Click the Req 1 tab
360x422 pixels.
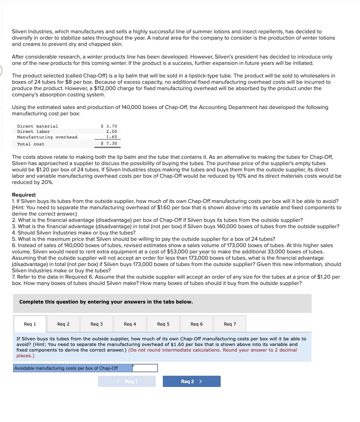pos(30,324)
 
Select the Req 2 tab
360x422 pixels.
pos(63,324)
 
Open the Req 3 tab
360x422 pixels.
pos(96,324)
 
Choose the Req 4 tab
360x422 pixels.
pos(130,324)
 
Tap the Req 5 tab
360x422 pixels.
pos(163,324)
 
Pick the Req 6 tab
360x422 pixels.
pos(196,324)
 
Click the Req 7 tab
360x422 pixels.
pos(230,324)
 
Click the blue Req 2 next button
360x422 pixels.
pos(192,381)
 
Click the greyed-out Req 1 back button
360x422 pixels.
pos(127,381)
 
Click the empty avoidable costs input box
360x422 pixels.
pos(145,368)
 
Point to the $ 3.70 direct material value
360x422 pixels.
pos(109,126)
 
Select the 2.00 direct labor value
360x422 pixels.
pos(112,131)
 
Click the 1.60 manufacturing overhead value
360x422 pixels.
pos(112,137)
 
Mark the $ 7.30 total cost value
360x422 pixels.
pos(109,144)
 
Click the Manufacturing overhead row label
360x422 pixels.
pos(47,137)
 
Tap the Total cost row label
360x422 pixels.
pos(31,144)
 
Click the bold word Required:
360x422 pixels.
pos(24,195)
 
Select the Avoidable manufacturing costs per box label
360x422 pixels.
pos(66,368)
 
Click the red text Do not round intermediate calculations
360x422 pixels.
pos(175,350)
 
